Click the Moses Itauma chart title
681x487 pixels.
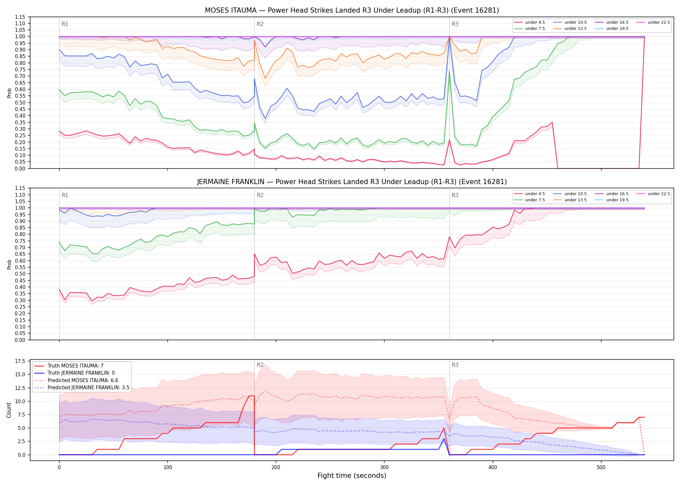(352, 10)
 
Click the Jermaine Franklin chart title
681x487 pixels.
(352, 182)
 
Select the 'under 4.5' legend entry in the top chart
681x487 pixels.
(530, 22)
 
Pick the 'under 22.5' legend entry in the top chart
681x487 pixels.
(653, 22)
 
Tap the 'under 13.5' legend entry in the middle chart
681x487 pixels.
(570, 200)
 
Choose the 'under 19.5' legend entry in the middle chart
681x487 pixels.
(612, 200)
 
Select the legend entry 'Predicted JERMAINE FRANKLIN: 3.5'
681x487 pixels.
(82, 388)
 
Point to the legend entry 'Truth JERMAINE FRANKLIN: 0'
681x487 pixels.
(74, 373)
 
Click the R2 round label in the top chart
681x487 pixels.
(260, 24)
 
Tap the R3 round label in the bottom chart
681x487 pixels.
(455, 365)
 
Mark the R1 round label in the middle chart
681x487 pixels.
(65, 195)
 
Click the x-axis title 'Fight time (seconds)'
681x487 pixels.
(352, 476)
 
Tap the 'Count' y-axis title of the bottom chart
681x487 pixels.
(9, 410)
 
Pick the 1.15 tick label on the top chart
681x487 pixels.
(20, 17)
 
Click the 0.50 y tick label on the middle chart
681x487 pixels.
(20, 274)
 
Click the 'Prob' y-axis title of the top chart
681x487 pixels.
(9, 93)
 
